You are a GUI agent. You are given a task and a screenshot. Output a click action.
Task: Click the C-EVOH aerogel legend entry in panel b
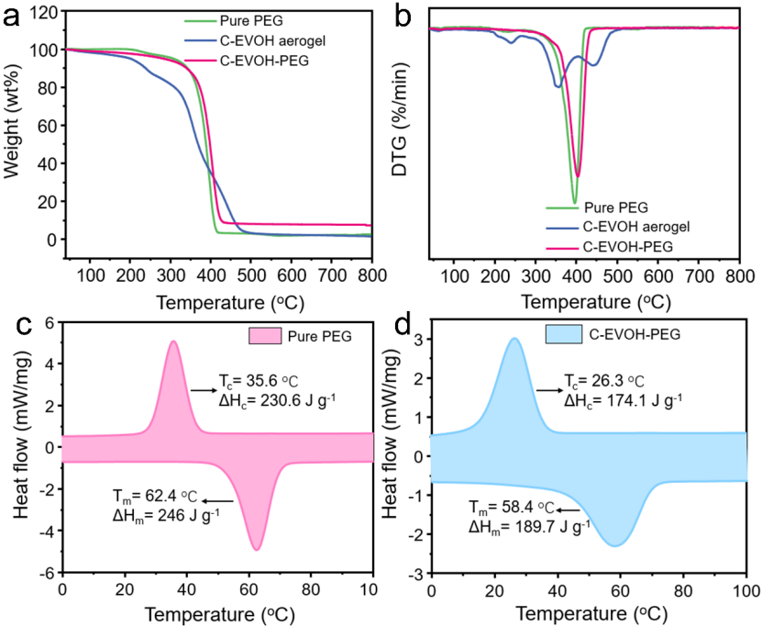642,227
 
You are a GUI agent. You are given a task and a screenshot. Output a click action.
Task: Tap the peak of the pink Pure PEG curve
172,341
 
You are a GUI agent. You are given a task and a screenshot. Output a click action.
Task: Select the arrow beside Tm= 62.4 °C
218,499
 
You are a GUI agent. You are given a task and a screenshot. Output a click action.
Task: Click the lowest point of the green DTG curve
574,202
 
